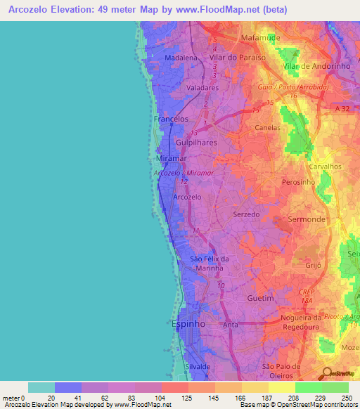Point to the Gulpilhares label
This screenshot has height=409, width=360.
196,142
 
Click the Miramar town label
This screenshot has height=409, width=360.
168,160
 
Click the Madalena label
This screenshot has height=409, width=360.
179,58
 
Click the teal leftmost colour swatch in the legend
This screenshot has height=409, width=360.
41,387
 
